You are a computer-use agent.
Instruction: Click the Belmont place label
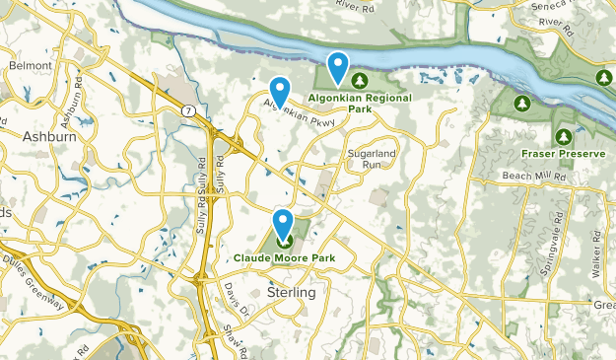(x=29, y=64)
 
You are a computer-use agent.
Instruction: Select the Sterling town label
(x=291, y=293)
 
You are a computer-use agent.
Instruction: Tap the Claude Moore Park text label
(x=284, y=258)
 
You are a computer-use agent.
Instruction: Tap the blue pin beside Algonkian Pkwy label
(x=280, y=92)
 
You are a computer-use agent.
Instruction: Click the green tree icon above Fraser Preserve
(x=563, y=136)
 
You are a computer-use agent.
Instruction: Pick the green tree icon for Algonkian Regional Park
(x=360, y=80)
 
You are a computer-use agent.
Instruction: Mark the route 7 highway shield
(x=186, y=110)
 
